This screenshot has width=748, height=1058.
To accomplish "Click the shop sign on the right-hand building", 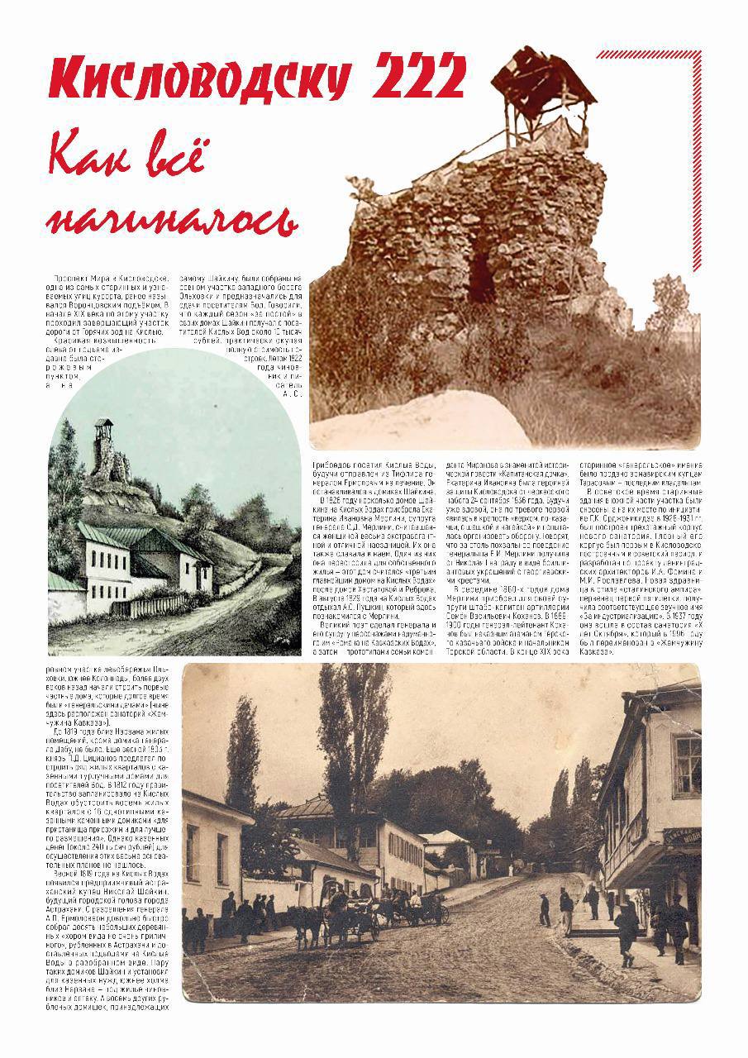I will tap(684, 836).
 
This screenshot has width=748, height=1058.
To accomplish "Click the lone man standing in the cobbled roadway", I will tap(544, 909).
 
